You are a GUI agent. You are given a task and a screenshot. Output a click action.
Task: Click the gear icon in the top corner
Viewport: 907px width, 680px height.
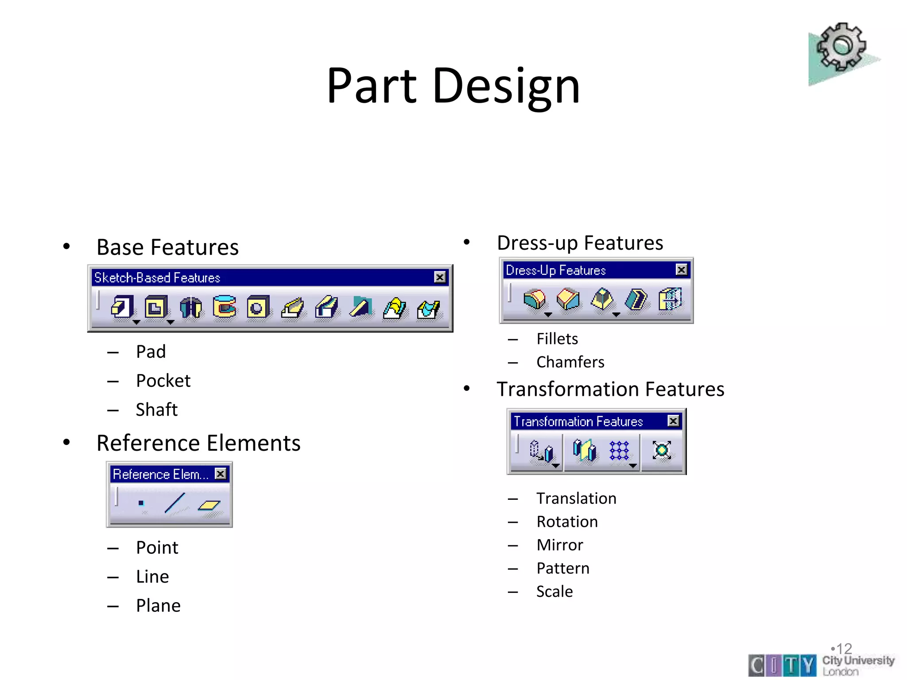841,48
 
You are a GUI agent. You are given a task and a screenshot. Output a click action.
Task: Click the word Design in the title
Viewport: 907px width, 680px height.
506,86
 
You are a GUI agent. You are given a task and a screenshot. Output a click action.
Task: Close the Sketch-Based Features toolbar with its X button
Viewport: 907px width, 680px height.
439,277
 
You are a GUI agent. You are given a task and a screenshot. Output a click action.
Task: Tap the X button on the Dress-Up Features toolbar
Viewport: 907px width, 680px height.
682,270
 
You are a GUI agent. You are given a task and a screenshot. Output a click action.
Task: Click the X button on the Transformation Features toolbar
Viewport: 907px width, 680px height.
673,421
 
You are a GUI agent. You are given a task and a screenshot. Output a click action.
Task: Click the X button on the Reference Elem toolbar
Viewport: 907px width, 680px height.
220,474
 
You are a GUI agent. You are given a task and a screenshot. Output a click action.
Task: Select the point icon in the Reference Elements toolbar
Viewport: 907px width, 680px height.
141,503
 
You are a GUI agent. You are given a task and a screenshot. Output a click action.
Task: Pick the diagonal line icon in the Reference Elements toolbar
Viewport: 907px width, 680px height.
174,503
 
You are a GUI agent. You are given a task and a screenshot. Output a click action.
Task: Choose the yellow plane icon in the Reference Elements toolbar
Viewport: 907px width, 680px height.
209,505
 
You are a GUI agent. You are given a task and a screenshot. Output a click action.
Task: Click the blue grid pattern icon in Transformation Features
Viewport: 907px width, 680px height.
619,451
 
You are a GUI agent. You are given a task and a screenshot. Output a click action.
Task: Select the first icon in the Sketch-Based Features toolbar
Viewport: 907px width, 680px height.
122,307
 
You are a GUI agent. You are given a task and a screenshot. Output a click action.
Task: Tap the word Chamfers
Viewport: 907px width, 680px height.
570,362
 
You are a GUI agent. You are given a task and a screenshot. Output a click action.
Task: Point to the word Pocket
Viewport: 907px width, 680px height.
163,381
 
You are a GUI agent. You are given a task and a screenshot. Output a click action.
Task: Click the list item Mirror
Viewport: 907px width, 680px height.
559,545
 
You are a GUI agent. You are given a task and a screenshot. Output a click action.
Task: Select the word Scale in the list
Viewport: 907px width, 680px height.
554,591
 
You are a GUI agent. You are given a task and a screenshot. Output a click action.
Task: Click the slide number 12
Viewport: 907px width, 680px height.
844,649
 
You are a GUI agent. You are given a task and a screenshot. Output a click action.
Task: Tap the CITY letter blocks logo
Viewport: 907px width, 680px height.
782,665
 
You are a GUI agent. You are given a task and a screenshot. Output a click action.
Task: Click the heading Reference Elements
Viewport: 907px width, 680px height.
198,443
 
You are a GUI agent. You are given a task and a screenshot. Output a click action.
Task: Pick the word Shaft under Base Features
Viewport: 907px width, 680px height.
156,410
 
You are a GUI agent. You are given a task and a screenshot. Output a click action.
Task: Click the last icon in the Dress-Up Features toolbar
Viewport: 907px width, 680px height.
670,300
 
